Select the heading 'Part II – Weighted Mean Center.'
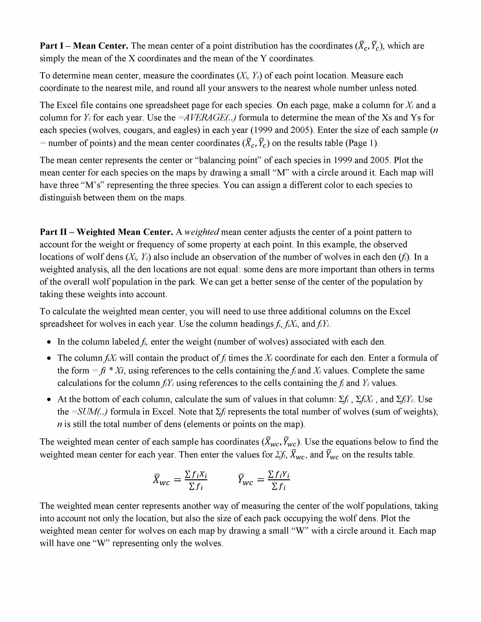(106, 232)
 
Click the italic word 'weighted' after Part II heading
(202, 232)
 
